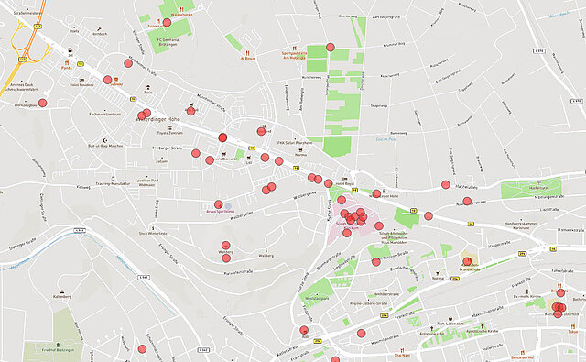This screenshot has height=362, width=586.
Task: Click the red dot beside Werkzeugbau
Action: click(x=42, y=102)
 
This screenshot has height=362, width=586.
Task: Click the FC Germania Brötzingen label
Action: click(x=168, y=43)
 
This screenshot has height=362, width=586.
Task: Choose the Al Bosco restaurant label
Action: click(x=246, y=59)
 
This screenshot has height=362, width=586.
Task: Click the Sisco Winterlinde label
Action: click(x=152, y=234)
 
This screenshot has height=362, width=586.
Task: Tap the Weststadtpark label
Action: click(x=317, y=299)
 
